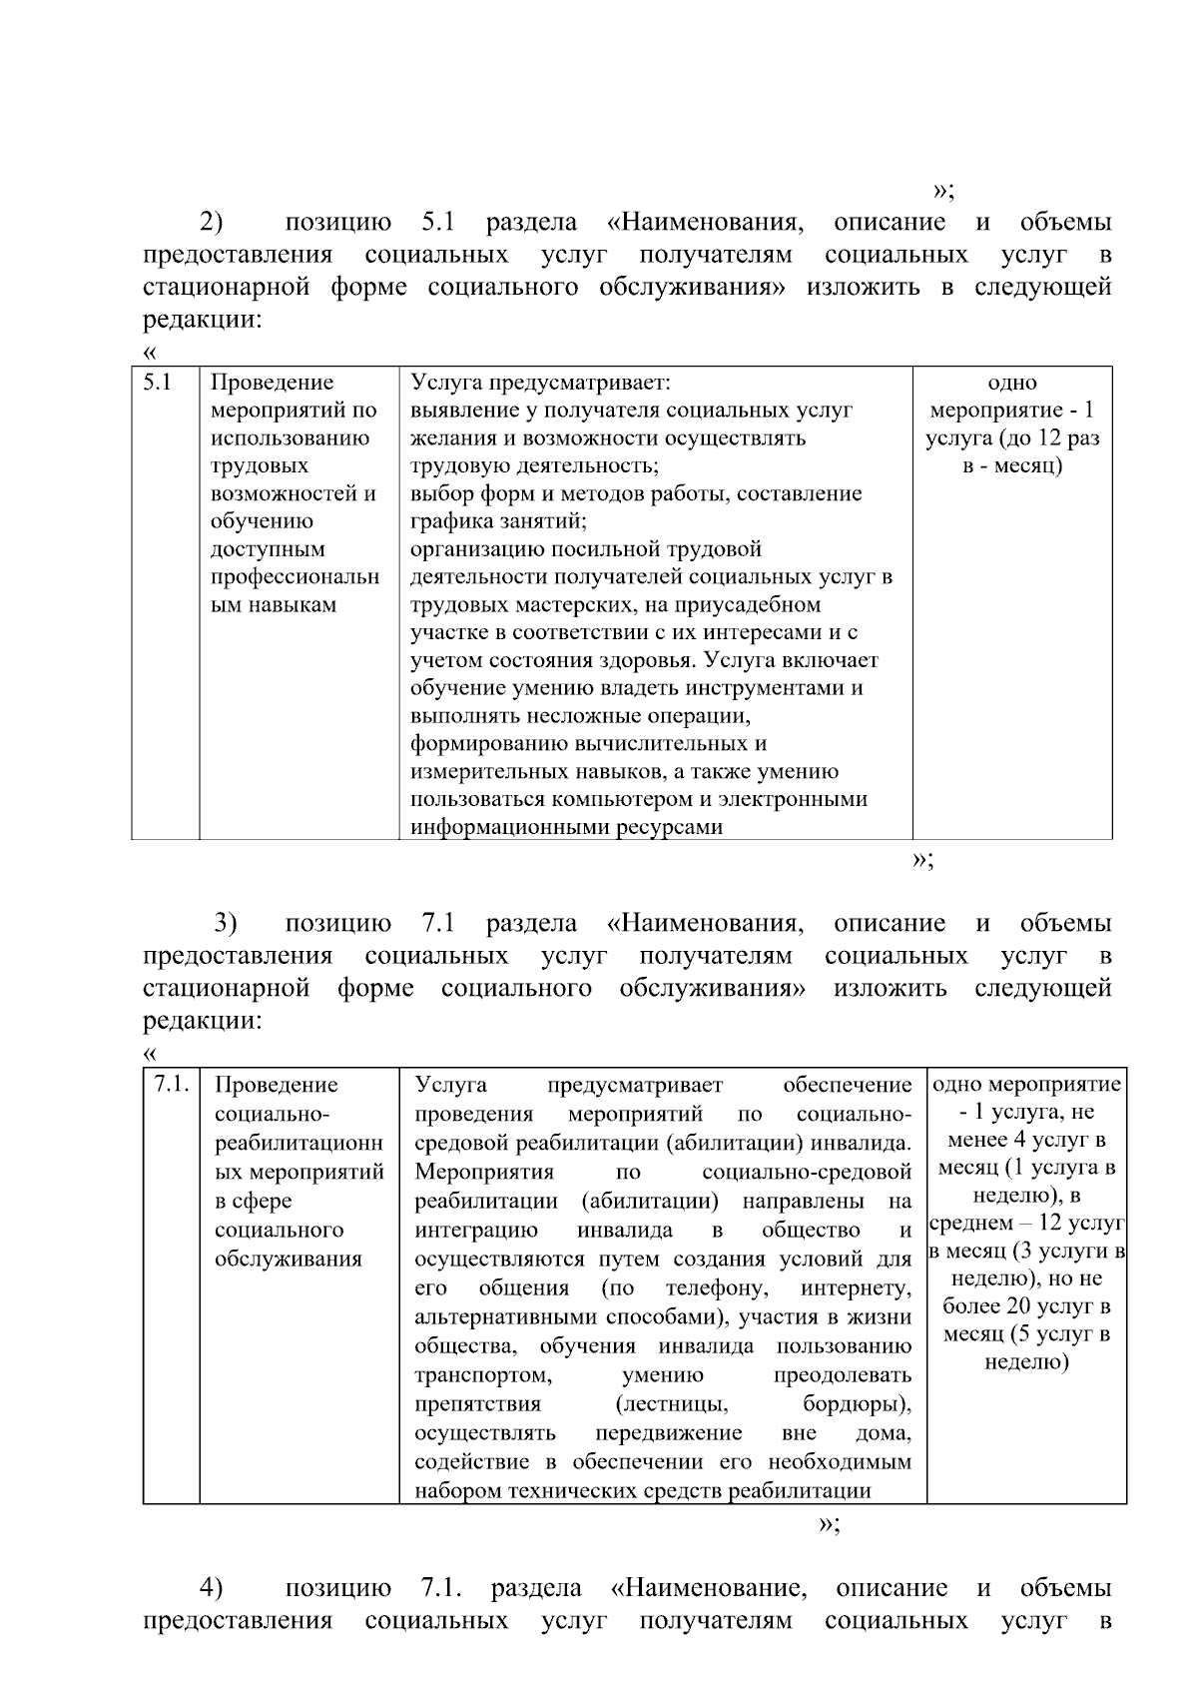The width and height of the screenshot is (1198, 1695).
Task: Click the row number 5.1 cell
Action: coord(158,383)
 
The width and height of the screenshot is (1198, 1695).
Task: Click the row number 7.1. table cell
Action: coord(171,1085)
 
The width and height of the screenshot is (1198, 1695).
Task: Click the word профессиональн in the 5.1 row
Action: coord(296,577)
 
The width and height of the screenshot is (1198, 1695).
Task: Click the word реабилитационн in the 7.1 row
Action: coord(299,1143)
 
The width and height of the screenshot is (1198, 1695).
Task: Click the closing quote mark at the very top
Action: coord(942,191)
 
